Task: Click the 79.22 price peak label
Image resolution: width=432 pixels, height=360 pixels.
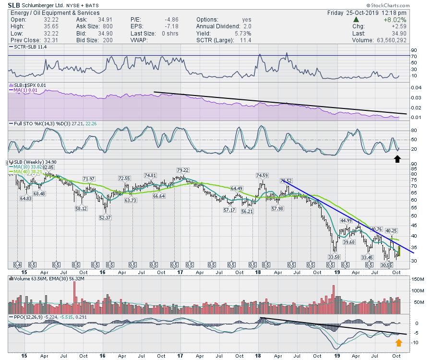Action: (x=182, y=170)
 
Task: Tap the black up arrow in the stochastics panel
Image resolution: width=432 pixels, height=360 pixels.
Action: (x=397, y=158)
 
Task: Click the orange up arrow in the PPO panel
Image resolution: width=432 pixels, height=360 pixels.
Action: (x=397, y=343)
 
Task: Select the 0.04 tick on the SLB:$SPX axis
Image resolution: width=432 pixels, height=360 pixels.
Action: (x=416, y=87)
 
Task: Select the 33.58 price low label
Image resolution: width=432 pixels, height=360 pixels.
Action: (x=334, y=256)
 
